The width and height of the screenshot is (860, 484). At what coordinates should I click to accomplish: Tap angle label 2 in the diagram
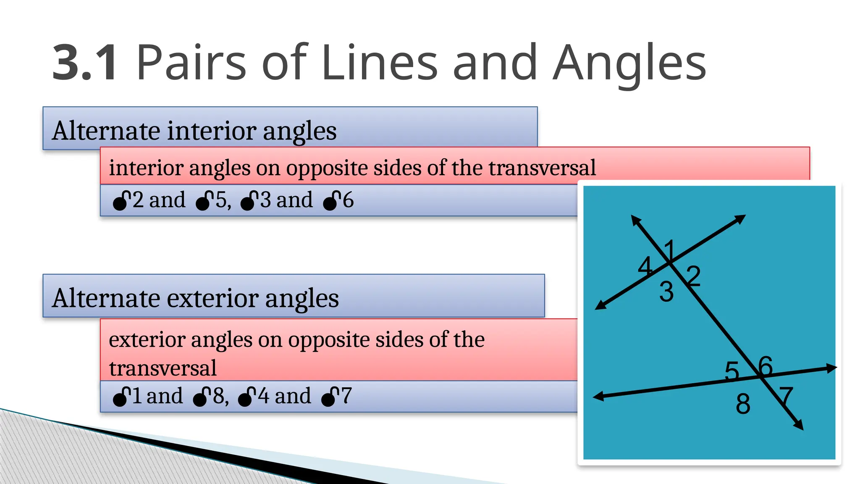click(x=694, y=276)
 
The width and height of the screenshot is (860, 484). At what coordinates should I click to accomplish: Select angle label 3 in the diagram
click(x=666, y=292)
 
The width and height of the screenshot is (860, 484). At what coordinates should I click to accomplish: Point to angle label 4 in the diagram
click(x=645, y=266)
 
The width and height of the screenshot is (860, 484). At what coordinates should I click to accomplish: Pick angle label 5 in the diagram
click(x=732, y=371)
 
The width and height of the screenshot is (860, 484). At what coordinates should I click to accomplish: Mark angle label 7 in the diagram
click(x=786, y=397)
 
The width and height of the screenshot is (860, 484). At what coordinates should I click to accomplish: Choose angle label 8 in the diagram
click(x=743, y=404)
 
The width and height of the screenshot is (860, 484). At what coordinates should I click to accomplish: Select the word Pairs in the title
click(x=191, y=63)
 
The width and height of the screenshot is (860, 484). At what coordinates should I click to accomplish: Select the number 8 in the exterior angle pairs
click(x=218, y=396)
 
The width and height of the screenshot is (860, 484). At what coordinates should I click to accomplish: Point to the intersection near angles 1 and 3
click(x=670, y=263)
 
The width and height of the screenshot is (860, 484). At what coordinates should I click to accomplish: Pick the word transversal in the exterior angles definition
click(x=163, y=368)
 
